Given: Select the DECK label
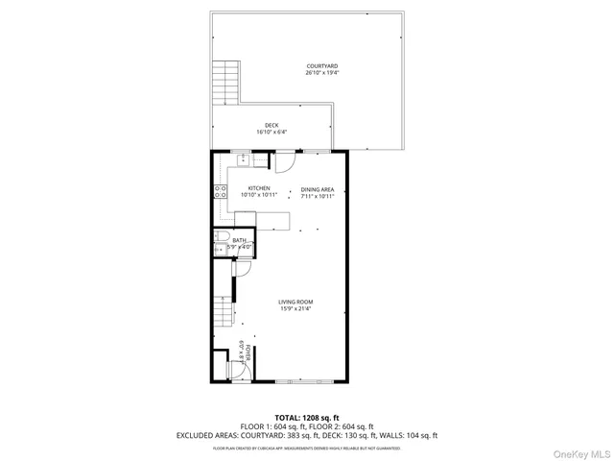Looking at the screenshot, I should pyautogui.click(x=272, y=125).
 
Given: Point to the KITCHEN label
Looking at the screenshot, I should pyautogui.click(x=259, y=188).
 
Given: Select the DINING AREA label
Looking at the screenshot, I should pyautogui.click(x=317, y=188).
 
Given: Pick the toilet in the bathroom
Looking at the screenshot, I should pyautogui.click(x=221, y=237).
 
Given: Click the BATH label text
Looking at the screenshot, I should pyautogui.click(x=238, y=240).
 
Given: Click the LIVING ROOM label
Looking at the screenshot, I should pyautogui.click(x=296, y=302).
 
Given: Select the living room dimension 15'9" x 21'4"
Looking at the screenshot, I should pyautogui.click(x=296, y=308).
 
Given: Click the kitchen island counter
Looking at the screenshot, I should pyautogui.click(x=262, y=220).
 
